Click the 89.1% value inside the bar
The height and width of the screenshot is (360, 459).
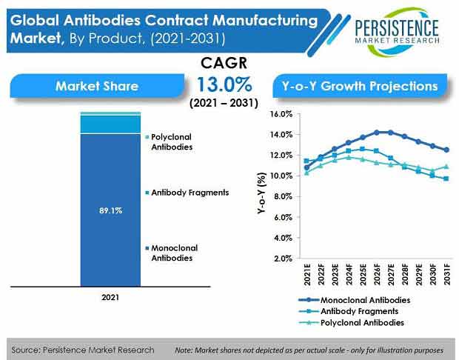(110, 211)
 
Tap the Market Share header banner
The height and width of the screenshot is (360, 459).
(96, 86)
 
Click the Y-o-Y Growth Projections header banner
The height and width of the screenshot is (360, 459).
(360, 86)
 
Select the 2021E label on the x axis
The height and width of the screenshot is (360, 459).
(307, 276)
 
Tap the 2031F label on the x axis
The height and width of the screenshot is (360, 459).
(446, 276)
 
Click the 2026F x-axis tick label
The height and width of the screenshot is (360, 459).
(376, 276)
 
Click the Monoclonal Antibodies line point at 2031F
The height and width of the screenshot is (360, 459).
(446, 150)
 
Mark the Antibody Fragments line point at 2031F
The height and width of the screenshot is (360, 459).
(446, 179)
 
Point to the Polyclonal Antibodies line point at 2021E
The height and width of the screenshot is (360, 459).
(307, 173)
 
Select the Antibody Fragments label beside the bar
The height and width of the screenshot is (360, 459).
(189, 193)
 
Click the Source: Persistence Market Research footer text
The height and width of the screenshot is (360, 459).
(83, 350)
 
